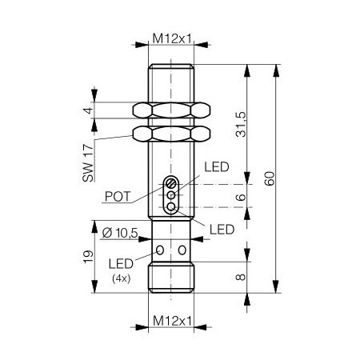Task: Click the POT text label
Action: (x=118, y=194)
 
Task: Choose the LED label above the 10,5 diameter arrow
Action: (x=221, y=230)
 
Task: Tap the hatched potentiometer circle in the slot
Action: (x=171, y=182)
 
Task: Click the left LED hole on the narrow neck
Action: (x=159, y=250)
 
